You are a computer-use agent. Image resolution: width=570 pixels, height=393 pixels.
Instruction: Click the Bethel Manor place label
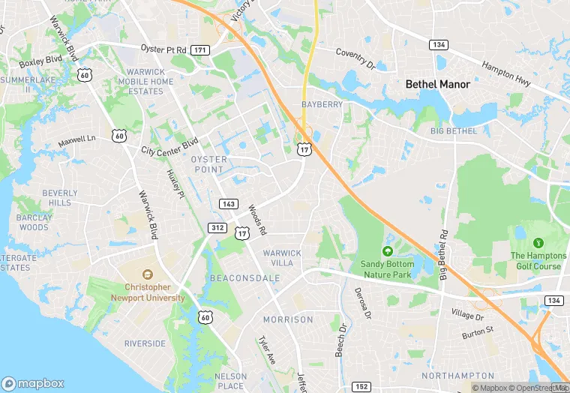coord(437,84)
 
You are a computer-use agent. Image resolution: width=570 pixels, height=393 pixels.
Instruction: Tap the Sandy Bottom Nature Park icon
coord(387,251)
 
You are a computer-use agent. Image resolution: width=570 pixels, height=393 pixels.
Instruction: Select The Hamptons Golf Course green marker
coord(538,243)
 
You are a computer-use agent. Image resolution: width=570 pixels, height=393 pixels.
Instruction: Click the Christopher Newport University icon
coord(146,274)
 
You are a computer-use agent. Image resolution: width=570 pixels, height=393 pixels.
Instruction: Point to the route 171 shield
coord(200,49)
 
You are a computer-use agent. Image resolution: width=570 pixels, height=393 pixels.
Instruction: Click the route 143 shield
coord(229,204)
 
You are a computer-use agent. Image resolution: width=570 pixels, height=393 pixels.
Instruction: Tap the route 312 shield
coord(217,227)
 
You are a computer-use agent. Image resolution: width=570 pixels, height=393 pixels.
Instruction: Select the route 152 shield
coord(361,387)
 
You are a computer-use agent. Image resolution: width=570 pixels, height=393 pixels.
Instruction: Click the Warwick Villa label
coord(282,258)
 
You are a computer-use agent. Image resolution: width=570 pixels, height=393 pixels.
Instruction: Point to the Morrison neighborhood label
coord(288,319)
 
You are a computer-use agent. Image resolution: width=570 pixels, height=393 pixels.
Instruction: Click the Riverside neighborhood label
coord(145,343)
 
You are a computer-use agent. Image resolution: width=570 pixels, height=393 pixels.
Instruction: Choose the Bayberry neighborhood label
coord(322,103)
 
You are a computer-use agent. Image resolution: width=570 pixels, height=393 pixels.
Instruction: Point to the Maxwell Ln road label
coord(77,139)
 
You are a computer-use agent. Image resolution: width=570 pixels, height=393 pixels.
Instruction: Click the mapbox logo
coord(33,383)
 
